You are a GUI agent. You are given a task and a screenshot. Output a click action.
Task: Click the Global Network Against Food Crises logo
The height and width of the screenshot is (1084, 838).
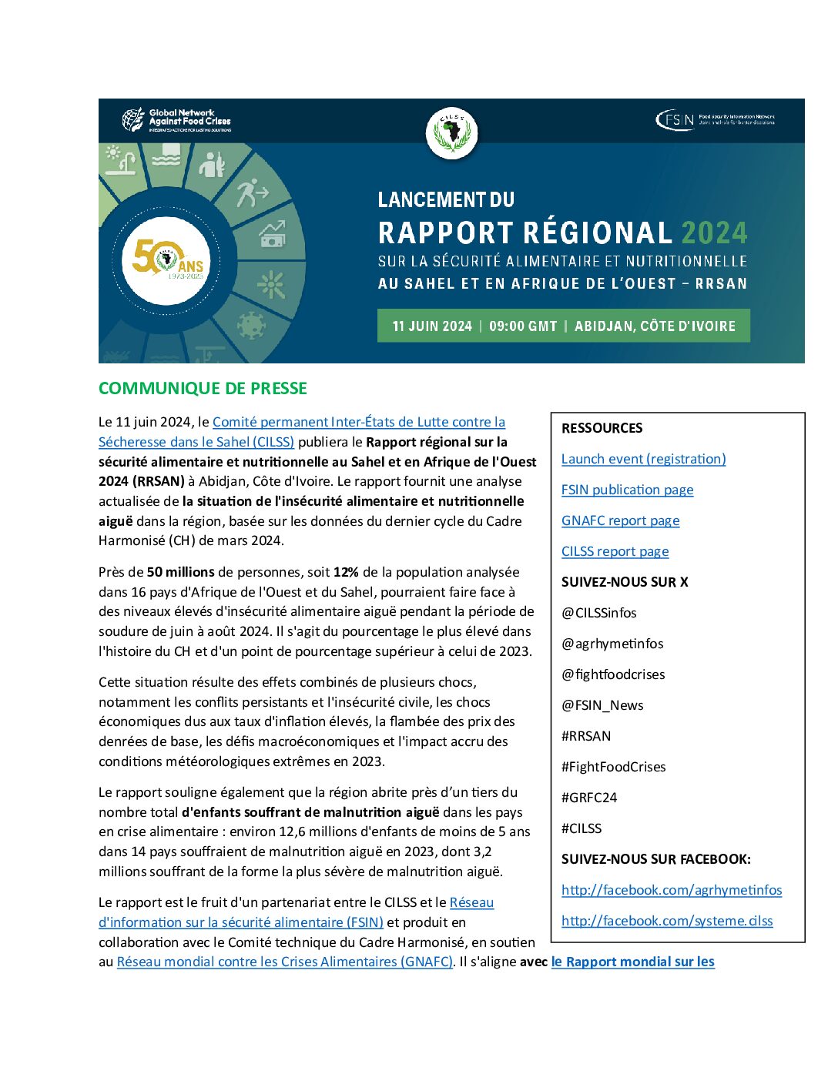(x=176, y=120)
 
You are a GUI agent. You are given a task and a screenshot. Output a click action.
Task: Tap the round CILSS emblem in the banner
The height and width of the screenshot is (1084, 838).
(x=452, y=133)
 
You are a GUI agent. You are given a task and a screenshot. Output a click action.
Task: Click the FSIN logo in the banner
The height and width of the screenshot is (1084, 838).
(x=714, y=120)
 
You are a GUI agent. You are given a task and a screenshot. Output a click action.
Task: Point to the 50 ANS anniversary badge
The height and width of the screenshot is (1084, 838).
(x=167, y=259)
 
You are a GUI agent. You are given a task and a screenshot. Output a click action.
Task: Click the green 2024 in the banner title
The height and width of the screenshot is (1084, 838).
(x=714, y=233)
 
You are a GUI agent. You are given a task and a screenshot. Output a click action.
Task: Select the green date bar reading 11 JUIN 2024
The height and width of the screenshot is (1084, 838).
(x=563, y=326)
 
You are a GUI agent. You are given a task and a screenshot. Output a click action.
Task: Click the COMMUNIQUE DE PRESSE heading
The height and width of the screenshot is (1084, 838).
(x=203, y=388)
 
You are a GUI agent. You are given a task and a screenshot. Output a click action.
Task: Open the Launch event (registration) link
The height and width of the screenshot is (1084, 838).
(x=643, y=459)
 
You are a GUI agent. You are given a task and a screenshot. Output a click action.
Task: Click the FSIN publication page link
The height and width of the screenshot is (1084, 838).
(x=627, y=490)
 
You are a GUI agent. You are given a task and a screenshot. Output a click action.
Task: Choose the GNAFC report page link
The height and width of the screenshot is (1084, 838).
(x=620, y=520)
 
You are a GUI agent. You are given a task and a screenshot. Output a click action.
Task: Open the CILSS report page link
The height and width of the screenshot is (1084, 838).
(x=615, y=551)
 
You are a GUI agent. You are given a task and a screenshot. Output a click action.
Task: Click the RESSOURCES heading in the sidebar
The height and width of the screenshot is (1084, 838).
(x=602, y=428)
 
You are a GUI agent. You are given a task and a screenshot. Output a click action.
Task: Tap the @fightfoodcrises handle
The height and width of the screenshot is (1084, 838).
(x=613, y=674)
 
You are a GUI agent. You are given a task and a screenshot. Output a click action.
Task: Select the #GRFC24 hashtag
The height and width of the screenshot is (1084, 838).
(x=589, y=798)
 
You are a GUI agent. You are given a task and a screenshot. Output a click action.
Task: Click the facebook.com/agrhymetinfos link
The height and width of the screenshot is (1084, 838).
(x=671, y=890)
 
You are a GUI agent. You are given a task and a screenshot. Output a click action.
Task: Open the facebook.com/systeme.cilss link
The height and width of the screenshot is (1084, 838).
(x=667, y=921)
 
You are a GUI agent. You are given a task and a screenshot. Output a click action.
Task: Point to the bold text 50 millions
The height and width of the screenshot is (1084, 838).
(x=181, y=572)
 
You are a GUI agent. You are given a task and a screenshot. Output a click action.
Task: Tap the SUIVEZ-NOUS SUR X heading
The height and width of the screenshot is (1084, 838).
(x=625, y=582)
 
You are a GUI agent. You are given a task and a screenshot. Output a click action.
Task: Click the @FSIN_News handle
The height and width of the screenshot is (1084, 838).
(x=602, y=705)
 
